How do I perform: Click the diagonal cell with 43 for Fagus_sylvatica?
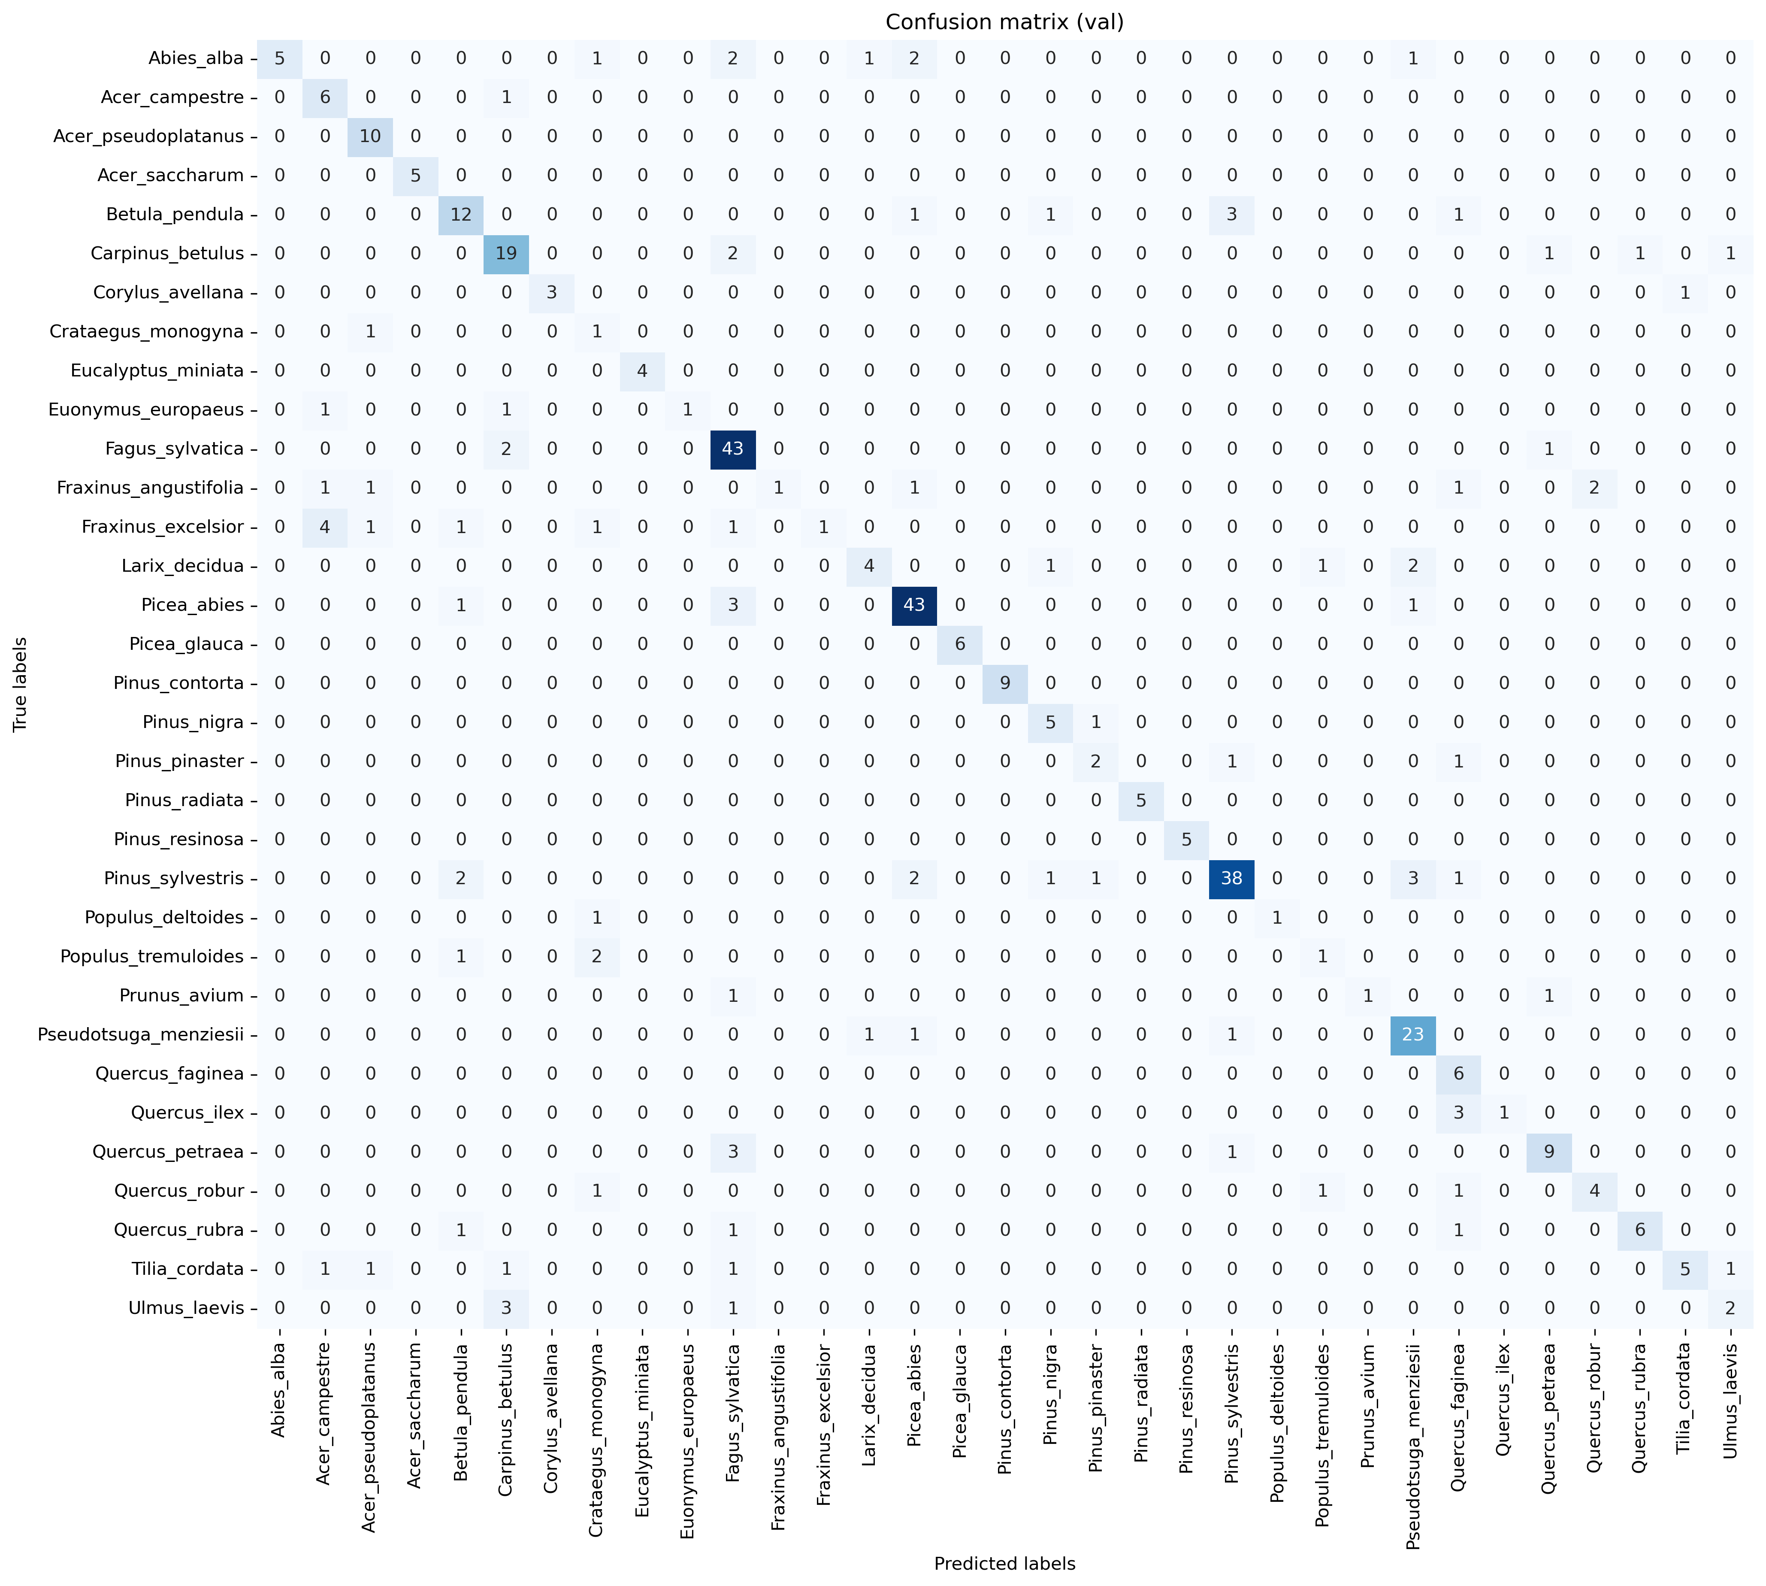pyautogui.click(x=733, y=449)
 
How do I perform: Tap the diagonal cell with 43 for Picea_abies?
pyautogui.click(x=914, y=605)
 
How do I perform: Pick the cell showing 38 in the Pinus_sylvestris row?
pyautogui.click(x=1231, y=878)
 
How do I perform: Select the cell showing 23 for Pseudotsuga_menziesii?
pyautogui.click(x=1412, y=1034)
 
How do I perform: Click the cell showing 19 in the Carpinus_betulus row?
pyautogui.click(x=506, y=254)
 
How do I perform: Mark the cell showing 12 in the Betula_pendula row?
pyautogui.click(x=461, y=214)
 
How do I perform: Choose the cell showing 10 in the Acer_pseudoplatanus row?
pyautogui.click(x=370, y=136)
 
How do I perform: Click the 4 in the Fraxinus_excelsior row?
pyautogui.click(x=325, y=526)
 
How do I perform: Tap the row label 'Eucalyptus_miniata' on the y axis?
pyautogui.click(x=157, y=370)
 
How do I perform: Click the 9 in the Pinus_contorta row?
pyautogui.click(x=1004, y=683)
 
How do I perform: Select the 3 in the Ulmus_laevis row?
pyautogui.click(x=506, y=1308)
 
